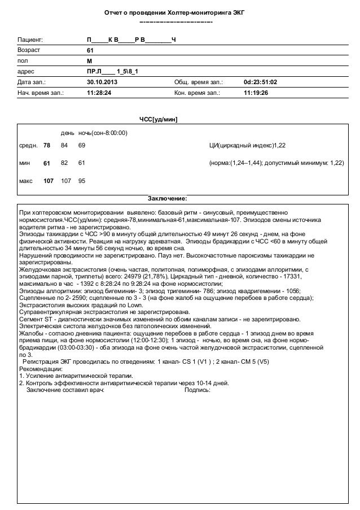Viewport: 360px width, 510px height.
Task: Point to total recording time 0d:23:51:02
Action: point(261,82)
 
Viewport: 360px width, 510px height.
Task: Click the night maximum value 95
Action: point(82,182)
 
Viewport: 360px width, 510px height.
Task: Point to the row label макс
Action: point(27,182)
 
